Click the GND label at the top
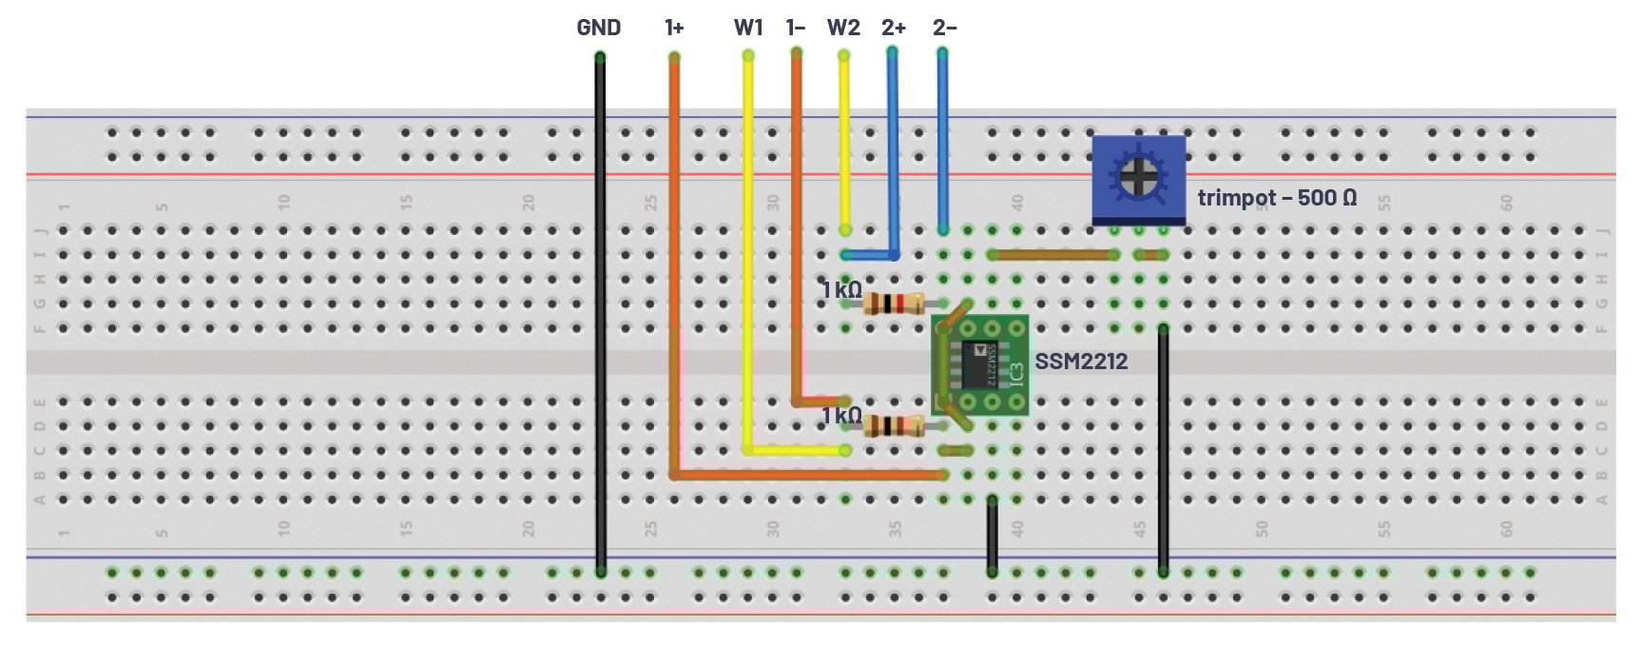click(x=598, y=28)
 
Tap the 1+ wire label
click(x=674, y=28)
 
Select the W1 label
click(x=748, y=28)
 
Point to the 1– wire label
click(x=796, y=28)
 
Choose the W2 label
click(x=843, y=28)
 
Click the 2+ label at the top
click(x=893, y=28)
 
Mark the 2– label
click(x=944, y=28)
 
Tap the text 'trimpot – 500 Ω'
click(x=1276, y=198)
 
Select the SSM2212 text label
click(x=1081, y=362)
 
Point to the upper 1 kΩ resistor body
click(x=893, y=304)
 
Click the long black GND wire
click(x=600, y=314)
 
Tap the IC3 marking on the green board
click(x=1014, y=374)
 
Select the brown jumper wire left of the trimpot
click(x=1053, y=255)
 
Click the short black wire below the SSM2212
click(x=992, y=535)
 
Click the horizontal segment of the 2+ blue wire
click(x=869, y=255)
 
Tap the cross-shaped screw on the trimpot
click(x=1136, y=175)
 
